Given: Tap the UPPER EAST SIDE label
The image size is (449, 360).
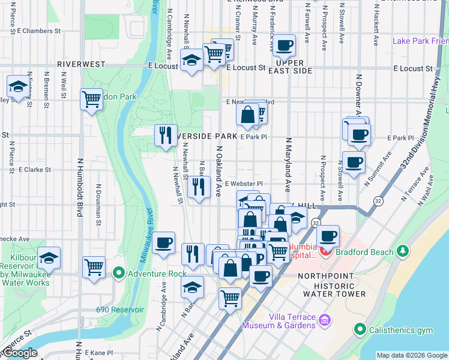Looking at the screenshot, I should [294, 67].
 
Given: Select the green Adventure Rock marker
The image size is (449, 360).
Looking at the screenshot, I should [118, 274].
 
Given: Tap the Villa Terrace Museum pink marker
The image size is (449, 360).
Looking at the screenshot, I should [325, 320].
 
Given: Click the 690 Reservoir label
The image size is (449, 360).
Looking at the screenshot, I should [120, 310].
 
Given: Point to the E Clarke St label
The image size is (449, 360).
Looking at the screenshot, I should [34, 170].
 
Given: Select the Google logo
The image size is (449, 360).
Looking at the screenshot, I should [20, 353].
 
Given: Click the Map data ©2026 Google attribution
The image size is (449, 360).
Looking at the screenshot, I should [411, 355].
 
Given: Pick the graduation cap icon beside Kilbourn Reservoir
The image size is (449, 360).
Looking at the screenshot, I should [49, 257].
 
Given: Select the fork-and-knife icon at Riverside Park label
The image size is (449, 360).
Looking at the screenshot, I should [166, 134].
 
